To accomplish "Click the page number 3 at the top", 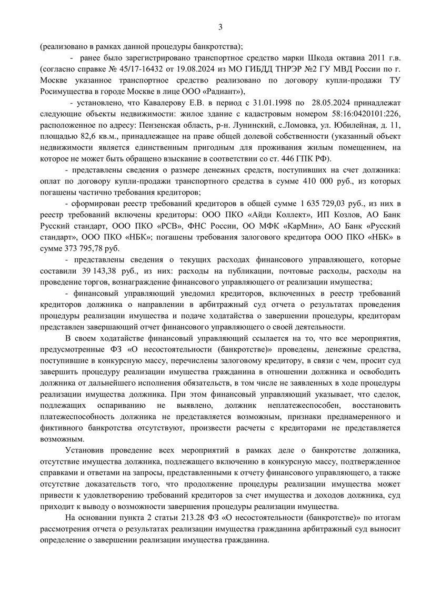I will tap(220, 27).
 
